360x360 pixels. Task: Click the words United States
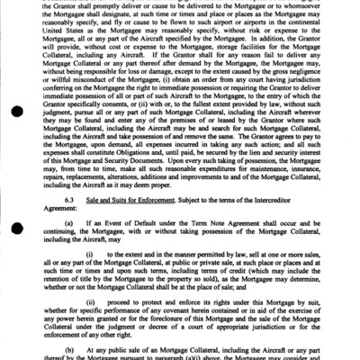74,40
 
